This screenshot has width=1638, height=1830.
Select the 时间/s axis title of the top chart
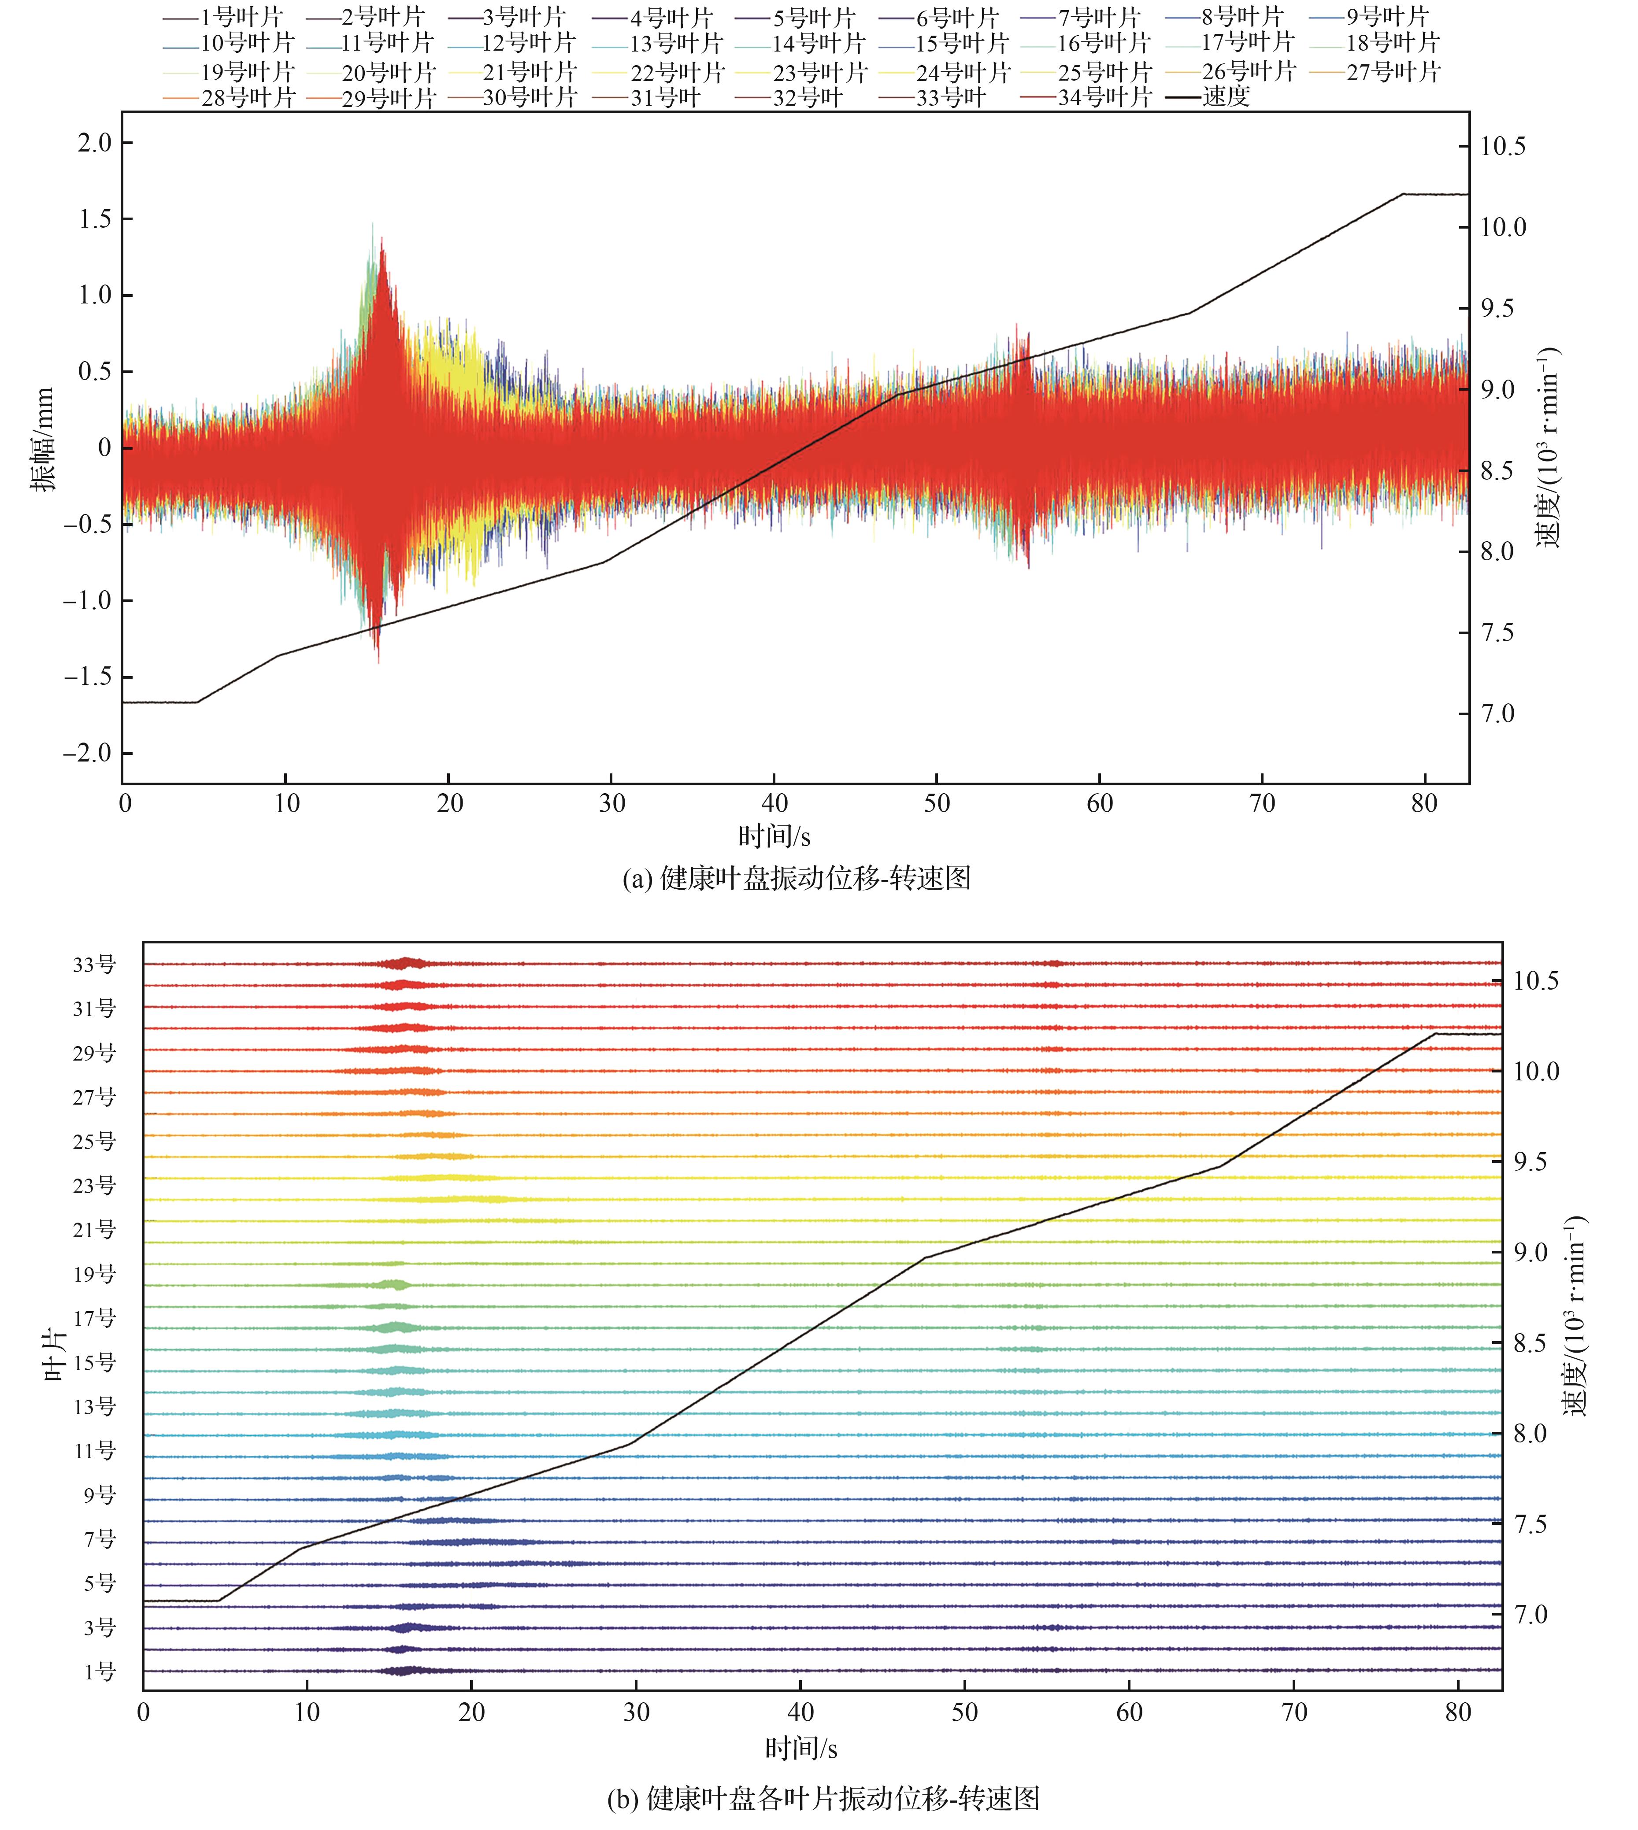[774, 837]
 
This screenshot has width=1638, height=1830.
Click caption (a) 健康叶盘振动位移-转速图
[797, 878]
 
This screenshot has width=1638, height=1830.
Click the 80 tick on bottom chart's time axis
[1458, 1712]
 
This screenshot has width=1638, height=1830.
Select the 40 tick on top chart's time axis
[774, 803]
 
